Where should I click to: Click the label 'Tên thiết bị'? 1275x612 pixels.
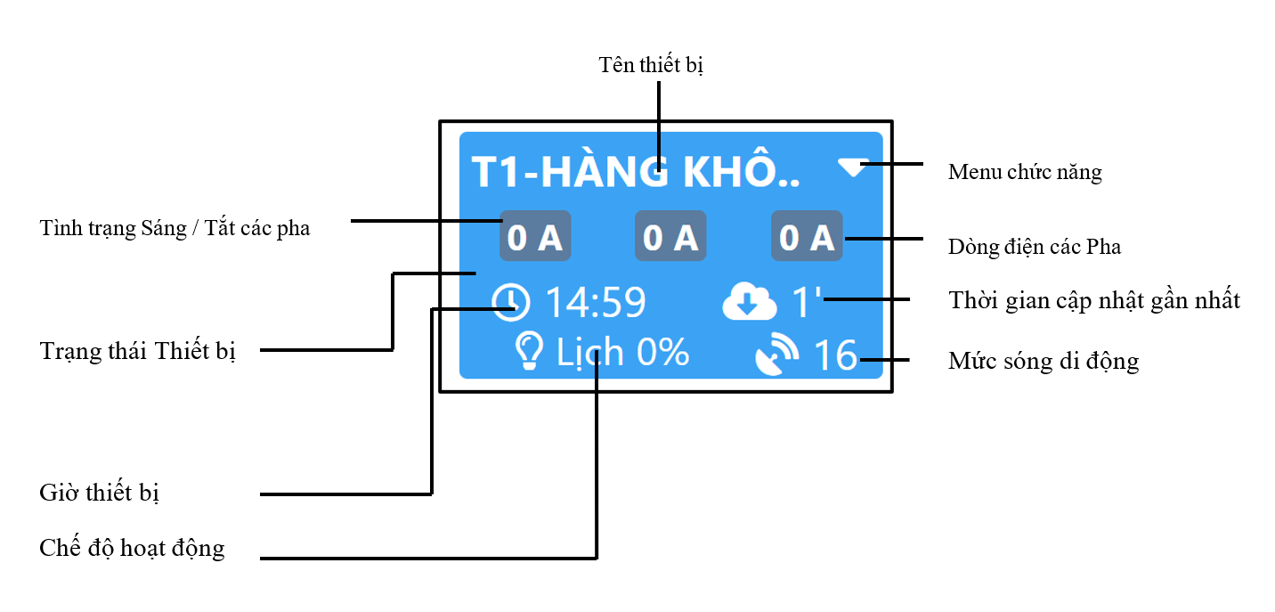tap(651, 65)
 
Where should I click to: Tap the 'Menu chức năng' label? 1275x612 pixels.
tap(1025, 172)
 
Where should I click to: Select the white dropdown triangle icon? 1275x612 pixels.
tap(853, 167)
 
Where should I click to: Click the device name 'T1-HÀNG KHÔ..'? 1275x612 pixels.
tap(636, 171)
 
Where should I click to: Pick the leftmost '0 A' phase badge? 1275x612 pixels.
tap(535, 236)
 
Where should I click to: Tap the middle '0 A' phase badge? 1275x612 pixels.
tap(670, 236)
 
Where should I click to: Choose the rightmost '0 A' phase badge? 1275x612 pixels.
tap(807, 236)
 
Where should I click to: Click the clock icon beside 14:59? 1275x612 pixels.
tap(510, 302)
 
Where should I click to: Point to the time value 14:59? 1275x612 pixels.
tap(596, 302)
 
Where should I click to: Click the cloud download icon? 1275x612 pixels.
tap(749, 301)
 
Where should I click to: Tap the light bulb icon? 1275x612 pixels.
tap(529, 351)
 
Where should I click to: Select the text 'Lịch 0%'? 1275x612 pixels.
tap(622, 353)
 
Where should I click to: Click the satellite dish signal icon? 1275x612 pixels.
tap(776, 355)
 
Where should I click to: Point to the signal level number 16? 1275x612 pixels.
tap(835, 355)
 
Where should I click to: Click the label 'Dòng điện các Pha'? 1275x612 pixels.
tap(1035, 247)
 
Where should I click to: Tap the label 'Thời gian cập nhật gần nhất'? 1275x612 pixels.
tap(1094, 300)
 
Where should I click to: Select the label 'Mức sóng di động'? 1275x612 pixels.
tap(1044, 361)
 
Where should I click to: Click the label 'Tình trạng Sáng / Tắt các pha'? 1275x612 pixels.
tap(175, 228)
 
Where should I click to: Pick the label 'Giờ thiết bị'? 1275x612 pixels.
tap(99, 493)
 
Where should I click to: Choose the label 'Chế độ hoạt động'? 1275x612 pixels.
tap(132, 548)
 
